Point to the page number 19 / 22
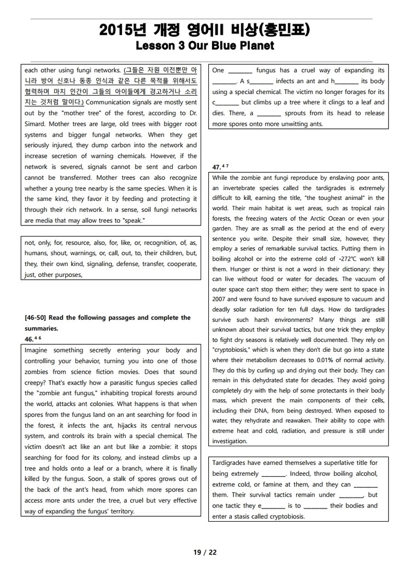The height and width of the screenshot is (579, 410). pyautogui.click(x=205, y=552)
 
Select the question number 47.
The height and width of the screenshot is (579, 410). pyautogui.click(x=216, y=167)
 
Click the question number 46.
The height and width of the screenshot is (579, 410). pyautogui.click(x=30, y=339)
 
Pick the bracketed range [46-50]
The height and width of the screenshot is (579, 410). pyautogui.click(x=38, y=317)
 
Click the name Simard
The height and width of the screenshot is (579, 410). pyautogui.click(x=36, y=123)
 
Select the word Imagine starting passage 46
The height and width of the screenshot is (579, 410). pyautogui.click(x=38, y=350)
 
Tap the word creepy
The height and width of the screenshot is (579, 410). pyautogui.click(x=37, y=383)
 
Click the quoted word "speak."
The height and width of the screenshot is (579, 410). pyautogui.click(x=132, y=220)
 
